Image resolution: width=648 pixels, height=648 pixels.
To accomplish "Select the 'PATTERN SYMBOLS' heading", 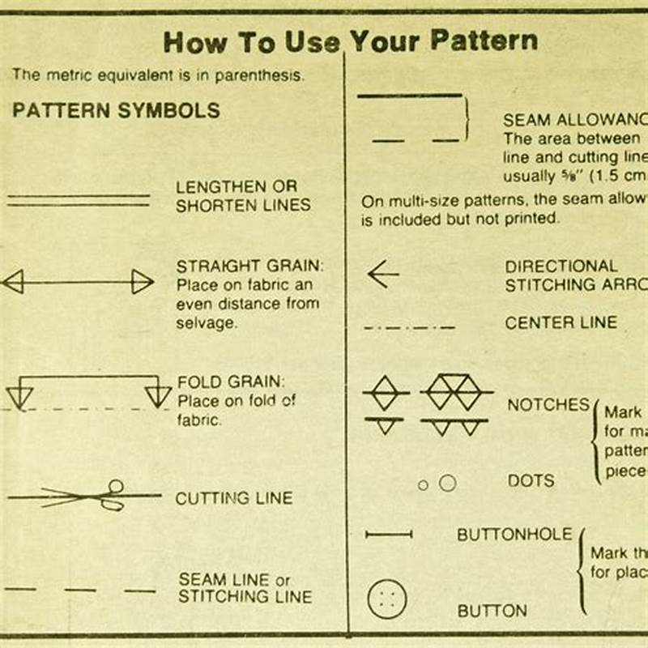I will (116, 111).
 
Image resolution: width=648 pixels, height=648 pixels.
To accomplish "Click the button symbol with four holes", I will (387, 600).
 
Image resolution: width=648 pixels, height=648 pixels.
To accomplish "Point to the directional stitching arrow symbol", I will (383, 275).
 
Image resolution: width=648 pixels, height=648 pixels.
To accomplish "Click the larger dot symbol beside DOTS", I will (447, 484).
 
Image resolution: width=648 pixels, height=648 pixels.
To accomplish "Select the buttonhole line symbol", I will (389, 535).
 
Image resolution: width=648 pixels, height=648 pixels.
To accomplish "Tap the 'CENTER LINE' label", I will (561, 322).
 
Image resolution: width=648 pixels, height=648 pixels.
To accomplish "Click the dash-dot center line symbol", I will (409, 328).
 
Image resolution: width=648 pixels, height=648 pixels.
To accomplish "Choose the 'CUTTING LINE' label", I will (233, 498).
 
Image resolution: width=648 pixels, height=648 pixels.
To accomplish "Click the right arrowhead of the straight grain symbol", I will (143, 282).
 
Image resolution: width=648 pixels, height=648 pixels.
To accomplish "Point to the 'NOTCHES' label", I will (548, 405).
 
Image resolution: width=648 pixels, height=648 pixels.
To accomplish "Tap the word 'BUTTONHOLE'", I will (514, 535).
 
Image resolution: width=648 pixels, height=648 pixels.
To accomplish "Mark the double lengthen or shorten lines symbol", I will (79, 200).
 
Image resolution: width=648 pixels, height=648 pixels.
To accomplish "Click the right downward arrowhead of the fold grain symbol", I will (157, 396).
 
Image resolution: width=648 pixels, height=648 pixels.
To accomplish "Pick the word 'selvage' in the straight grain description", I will (207, 323).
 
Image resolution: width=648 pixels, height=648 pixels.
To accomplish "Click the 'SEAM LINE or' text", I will (234, 579).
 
